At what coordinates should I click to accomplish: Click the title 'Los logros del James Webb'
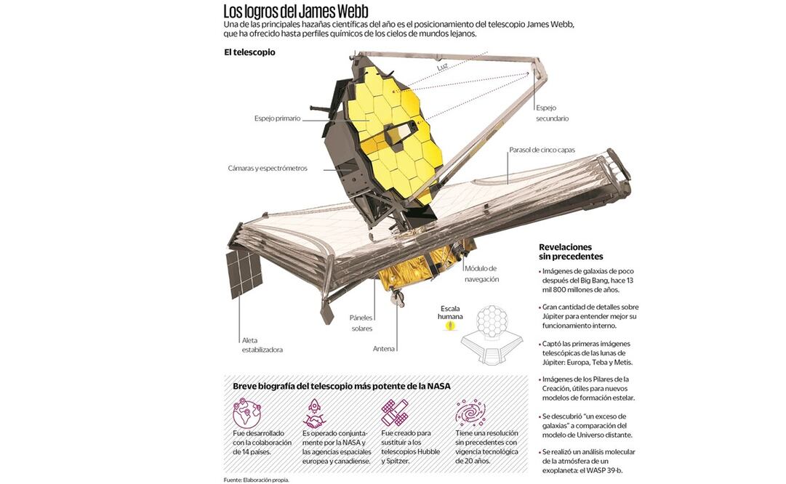(x=295, y=12)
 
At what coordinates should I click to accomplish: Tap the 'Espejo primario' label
(x=277, y=118)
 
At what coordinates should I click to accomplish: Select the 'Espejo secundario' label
(x=552, y=112)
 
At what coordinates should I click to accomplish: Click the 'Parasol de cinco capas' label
(x=542, y=150)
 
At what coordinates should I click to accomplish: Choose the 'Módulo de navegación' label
(x=481, y=273)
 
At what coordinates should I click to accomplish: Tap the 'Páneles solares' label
(x=361, y=323)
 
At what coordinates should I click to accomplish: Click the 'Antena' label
(x=384, y=349)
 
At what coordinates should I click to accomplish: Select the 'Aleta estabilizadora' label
(x=262, y=344)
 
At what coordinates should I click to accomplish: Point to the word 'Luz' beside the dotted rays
(x=442, y=68)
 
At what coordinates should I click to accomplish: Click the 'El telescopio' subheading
(x=249, y=52)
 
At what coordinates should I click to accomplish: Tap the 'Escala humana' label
(x=450, y=312)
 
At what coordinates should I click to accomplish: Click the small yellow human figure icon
(x=451, y=326)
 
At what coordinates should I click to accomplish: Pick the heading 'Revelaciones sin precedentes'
(x=571, y=251)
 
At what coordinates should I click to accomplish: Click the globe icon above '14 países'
(x=246, y=413)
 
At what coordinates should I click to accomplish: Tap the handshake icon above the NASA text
(x=316, y=413)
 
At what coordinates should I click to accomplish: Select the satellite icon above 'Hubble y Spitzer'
(x=394, y=412)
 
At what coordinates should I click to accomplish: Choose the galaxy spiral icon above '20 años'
(x=470, y=413)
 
